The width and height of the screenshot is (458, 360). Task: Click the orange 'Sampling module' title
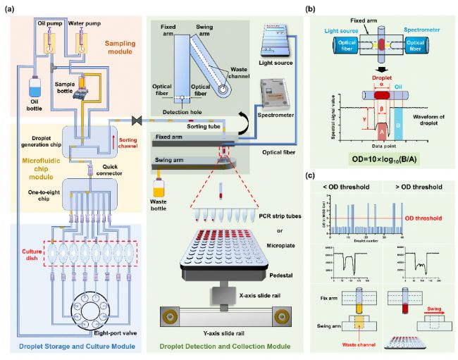pos(115,45)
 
